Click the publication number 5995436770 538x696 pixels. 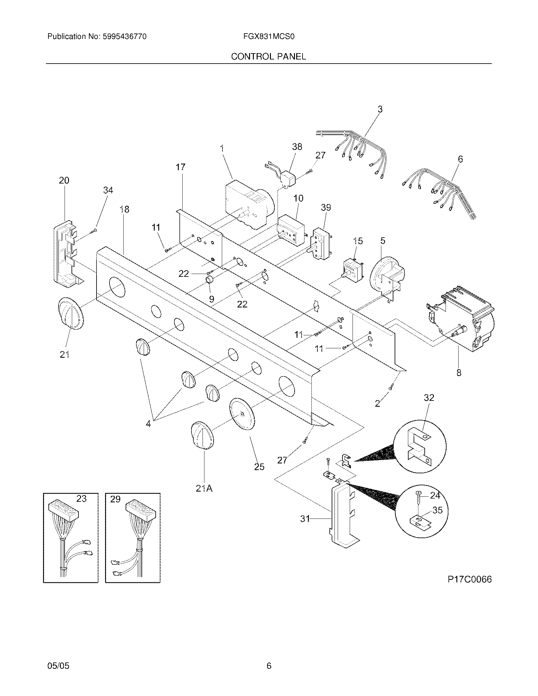(124, 37)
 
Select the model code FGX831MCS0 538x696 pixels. (269, 37)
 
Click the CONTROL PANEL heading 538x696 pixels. (268, 56)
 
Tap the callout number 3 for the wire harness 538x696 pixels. (380, 109)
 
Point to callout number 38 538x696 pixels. (297, 147)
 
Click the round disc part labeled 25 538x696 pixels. (242, 414)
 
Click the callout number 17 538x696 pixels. (180, 167)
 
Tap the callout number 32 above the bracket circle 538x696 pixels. (429, 398)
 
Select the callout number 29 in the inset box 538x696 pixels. (115, 499)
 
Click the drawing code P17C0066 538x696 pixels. (470, 579)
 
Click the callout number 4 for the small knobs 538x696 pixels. (148, 424)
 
